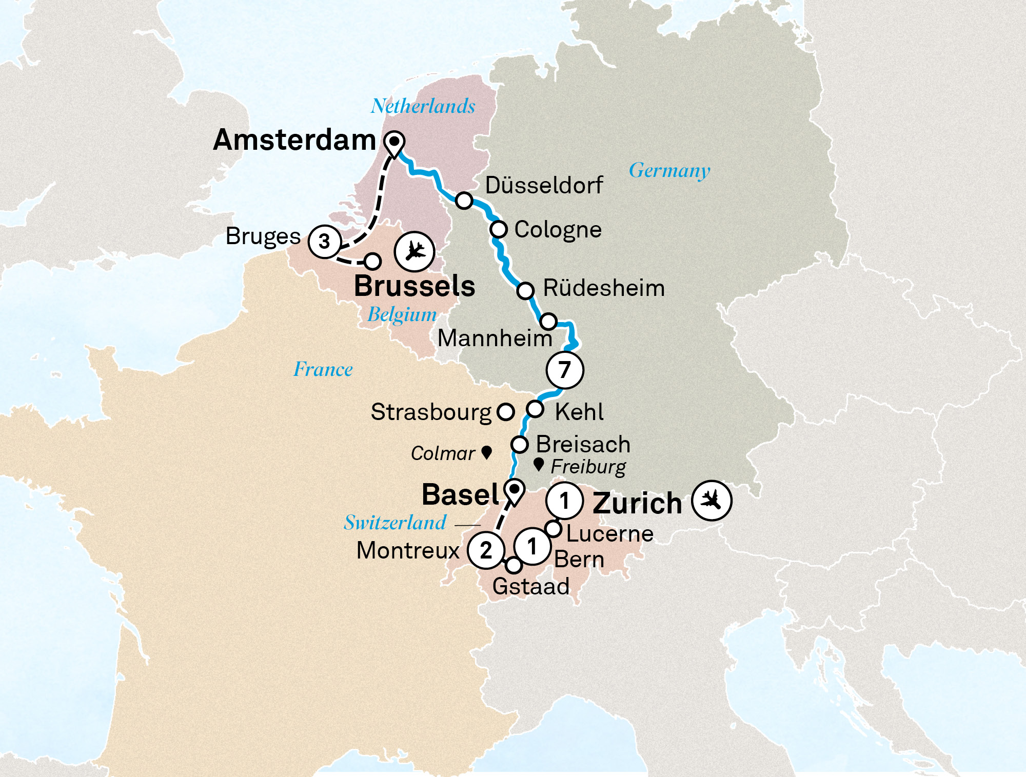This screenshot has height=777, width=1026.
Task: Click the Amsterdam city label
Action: [294, 140]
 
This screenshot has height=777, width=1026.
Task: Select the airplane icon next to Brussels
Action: [415, 251]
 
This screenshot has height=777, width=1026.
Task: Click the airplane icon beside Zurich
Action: [712, 500]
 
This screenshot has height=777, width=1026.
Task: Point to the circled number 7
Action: [564, 369]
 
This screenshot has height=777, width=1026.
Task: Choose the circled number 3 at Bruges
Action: [324, 241]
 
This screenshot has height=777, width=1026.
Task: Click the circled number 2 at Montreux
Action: [486, 550]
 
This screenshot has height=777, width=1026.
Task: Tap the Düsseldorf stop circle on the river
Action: [464, 201]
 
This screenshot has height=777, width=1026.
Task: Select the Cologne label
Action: [558, 229]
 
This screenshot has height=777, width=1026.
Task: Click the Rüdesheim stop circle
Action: [525, 290]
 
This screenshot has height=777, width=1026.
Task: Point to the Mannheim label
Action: [495, 338]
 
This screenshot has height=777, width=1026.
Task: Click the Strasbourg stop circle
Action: [505, 411]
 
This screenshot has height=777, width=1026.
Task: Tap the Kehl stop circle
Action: [535, 409]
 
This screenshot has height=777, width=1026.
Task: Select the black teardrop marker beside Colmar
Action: [487, 452]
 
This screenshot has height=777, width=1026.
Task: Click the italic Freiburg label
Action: [588, 467]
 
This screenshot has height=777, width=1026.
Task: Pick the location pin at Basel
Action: [514, 491]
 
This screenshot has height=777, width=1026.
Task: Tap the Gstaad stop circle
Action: [514, 565]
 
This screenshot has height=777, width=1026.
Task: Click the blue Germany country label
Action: [669, 170]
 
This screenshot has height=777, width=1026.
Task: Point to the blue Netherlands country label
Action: [423, 106]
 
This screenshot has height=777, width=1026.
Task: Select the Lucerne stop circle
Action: [553, 528]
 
